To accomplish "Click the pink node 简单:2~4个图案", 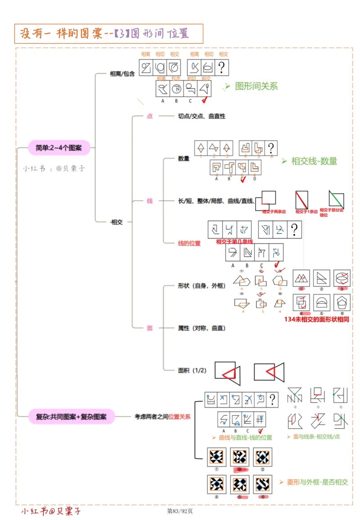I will click(59, 147).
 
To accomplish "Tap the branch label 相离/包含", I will click(122, 74).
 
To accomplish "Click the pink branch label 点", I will click(150, 116).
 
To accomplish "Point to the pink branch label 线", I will click(150, 201).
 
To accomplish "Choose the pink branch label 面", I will click(150, 328).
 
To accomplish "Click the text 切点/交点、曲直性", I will click(202, 116).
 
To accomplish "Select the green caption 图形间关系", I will click(256, 86).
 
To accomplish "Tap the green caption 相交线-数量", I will click(314, 161).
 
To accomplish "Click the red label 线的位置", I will click(189, 243).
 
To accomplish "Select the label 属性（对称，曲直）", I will click(202, 328).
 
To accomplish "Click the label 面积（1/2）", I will click(192, 371).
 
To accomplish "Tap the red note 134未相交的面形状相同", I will click(317, 319).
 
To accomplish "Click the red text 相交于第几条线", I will click(234, 242).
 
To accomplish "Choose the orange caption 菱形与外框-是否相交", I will click(317, 482).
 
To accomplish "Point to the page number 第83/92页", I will click(180, 511).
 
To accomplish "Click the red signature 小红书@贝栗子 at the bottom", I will click(51, 511).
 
